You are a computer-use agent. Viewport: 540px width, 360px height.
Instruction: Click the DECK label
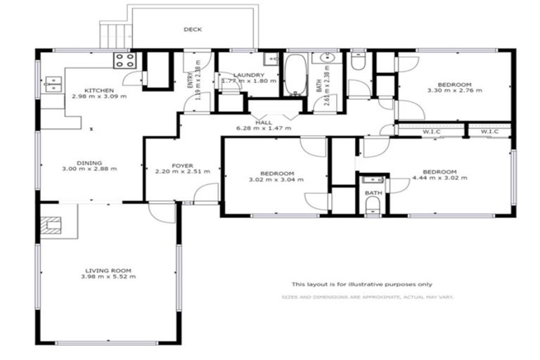193,30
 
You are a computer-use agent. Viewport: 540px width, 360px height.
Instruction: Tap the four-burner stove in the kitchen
124,60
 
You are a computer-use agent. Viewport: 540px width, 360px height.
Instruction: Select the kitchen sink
52,84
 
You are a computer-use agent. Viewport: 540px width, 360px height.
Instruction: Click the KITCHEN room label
98,90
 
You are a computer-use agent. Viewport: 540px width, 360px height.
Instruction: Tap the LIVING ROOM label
109,270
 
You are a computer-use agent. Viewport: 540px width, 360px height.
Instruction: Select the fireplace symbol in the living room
51,226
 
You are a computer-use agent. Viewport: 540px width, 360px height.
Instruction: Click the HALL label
264,122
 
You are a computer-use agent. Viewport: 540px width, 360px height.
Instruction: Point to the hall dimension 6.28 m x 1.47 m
264,129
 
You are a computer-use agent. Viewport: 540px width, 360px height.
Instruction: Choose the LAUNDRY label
250,75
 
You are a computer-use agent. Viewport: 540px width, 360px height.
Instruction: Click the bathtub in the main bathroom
295,75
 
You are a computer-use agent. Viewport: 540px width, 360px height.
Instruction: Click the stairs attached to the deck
115,35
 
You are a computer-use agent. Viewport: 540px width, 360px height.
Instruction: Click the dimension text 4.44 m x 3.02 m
440,179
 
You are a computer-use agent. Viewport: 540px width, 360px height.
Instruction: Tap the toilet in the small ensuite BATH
373,204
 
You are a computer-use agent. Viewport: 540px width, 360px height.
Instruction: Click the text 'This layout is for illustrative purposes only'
361,284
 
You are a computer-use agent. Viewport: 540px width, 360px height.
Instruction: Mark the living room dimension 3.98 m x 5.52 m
109,276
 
